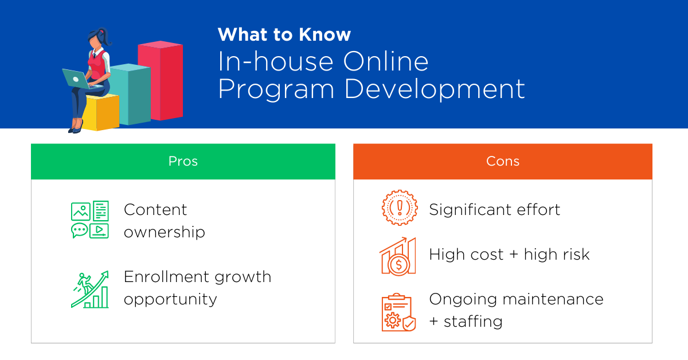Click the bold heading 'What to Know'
pyautogui.click(x=284, y=35)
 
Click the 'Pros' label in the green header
pyautogui.click(x=183, y=162)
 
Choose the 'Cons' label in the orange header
pyautogui.click(x=502, y=162)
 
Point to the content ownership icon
pyautogui.click(x=89, y=220)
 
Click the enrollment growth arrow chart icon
pyautogui.click(x=89, y=289)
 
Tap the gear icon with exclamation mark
pyautogui.click(x=399, y=208)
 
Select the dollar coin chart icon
pyautogui.click(x=398, y=256)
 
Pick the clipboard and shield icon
pyautogui.click(x=398, y=312)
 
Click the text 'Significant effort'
pyautogui.click(x=494, y=210)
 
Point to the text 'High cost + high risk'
pyautogui.click(x=509, y=255)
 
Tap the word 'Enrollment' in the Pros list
pyautogui.click(x=158, y=277)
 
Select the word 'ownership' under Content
pyautogui.click(x=164, y=232)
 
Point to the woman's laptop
pyautogui.click(x=75, y=79)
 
